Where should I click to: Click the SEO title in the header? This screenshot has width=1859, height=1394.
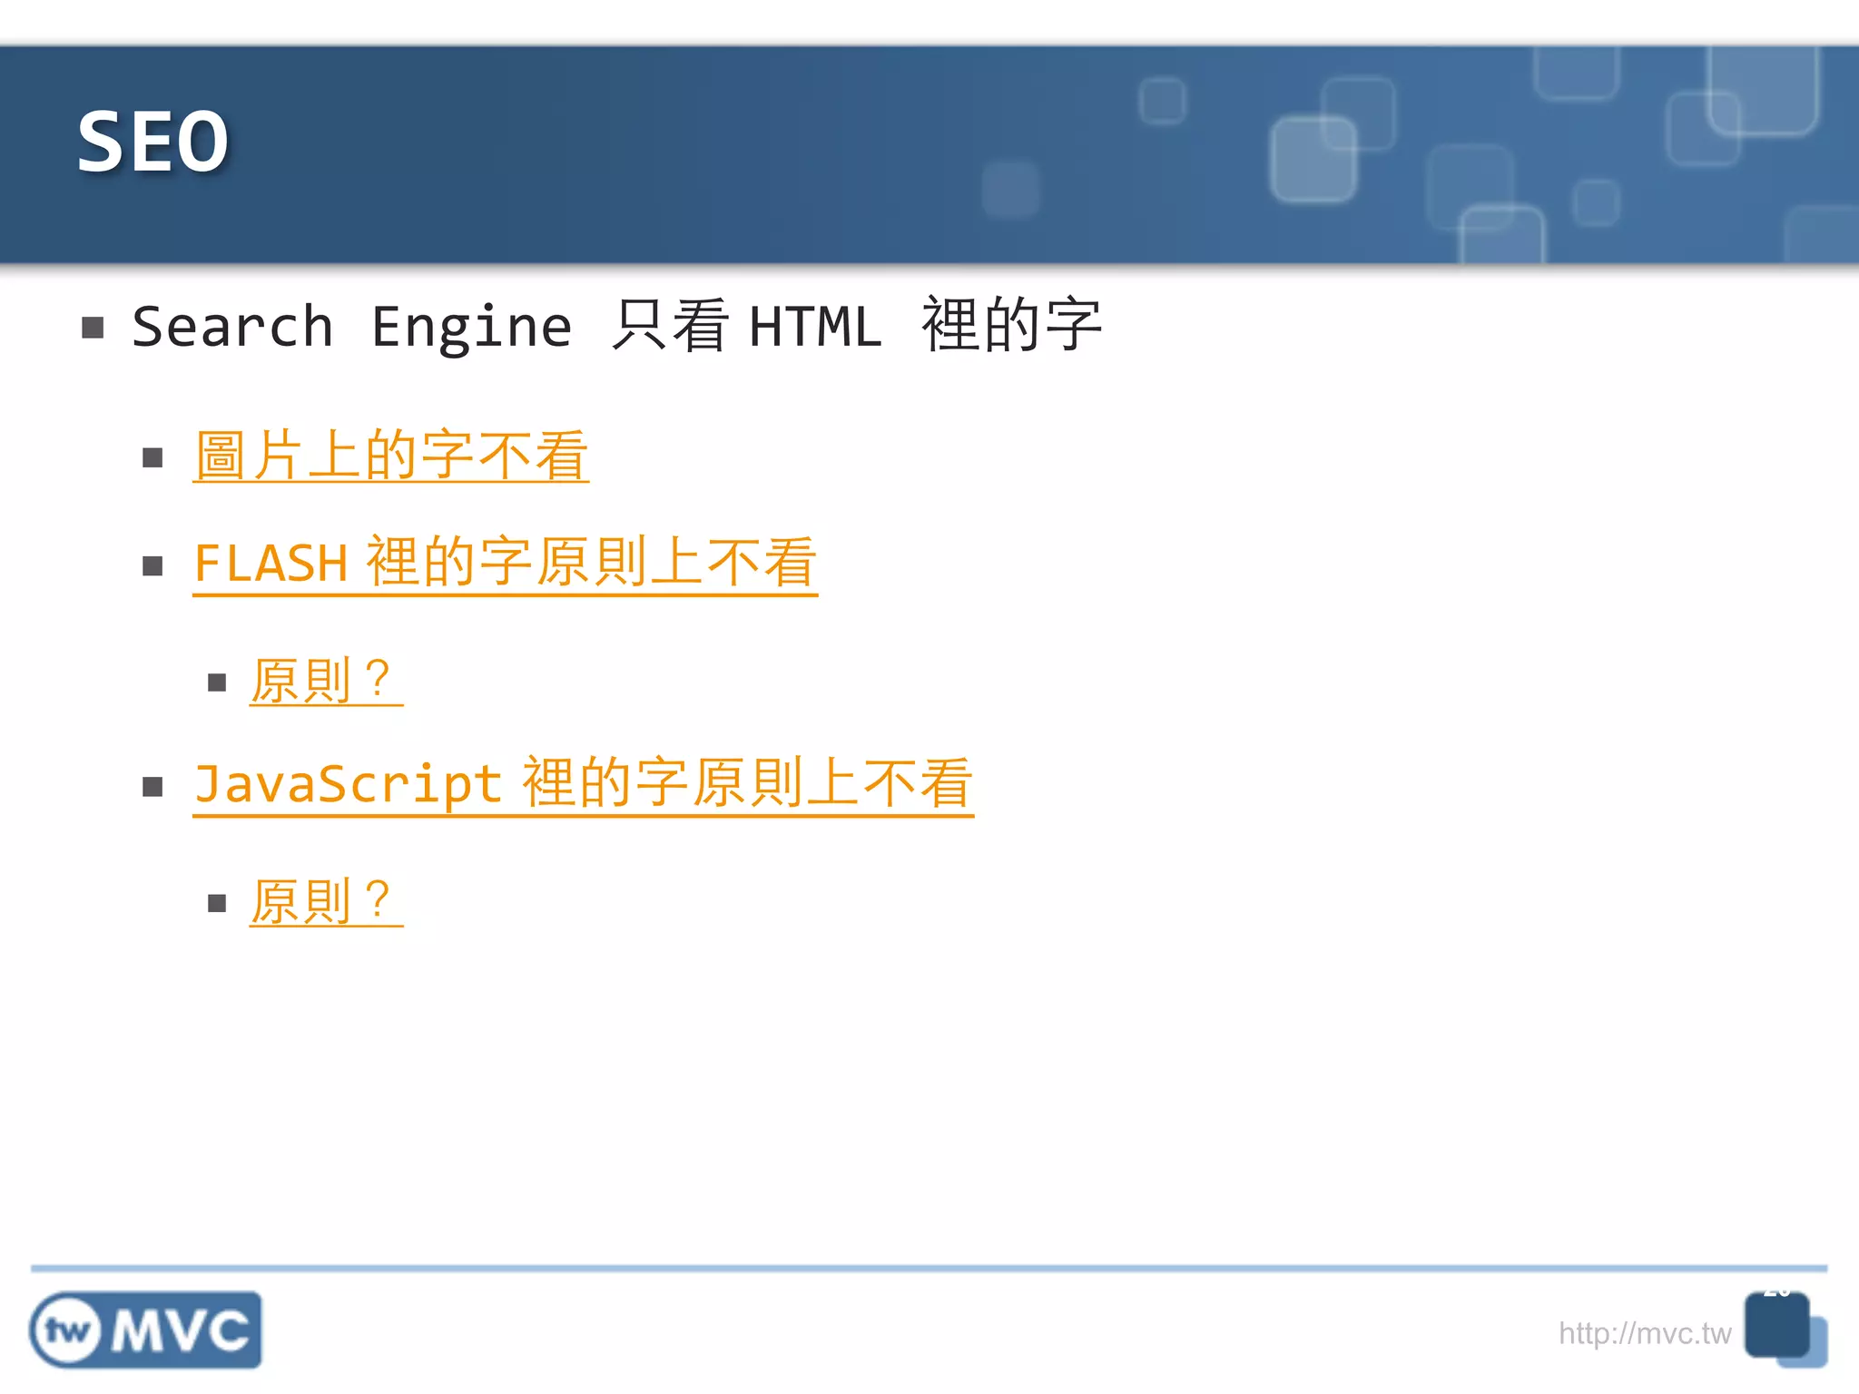152,142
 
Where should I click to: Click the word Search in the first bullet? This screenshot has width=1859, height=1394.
232,327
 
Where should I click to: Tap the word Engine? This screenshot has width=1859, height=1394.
471,327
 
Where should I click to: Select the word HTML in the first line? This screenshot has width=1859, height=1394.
815,327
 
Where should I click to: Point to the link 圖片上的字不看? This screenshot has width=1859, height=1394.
391,456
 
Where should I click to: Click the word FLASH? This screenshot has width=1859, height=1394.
270,564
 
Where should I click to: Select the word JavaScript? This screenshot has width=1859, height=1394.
348,783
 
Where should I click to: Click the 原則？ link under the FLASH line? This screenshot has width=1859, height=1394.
324,681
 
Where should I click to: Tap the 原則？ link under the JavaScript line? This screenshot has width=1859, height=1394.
324,902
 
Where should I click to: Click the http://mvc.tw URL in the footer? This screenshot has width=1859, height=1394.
1644,1333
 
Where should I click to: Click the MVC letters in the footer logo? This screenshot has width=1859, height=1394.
182,1331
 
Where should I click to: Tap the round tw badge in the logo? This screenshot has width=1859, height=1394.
66,1331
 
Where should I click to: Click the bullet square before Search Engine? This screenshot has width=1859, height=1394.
93,328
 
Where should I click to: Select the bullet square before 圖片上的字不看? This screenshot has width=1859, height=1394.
152,457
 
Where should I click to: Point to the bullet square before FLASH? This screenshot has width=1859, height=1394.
152,567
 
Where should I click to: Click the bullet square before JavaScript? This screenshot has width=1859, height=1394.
152,787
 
